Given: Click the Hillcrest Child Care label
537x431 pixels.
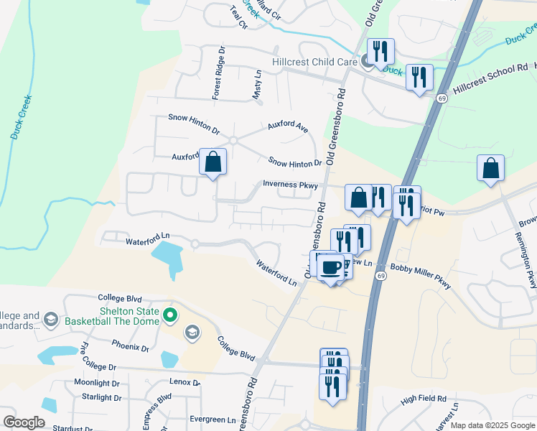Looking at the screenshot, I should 314,62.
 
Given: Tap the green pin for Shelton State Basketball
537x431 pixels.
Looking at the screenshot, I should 170,315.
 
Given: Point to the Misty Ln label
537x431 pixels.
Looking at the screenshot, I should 257,85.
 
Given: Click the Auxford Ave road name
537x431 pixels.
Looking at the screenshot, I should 288,127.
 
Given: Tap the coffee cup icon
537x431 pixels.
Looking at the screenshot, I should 330,268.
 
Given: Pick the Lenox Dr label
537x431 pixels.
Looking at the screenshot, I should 185,382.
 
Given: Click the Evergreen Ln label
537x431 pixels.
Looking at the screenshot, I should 213,420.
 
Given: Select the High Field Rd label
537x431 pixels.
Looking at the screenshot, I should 424,399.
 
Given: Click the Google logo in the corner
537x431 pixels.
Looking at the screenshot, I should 24,422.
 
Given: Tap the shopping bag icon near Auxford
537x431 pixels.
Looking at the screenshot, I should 213,162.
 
